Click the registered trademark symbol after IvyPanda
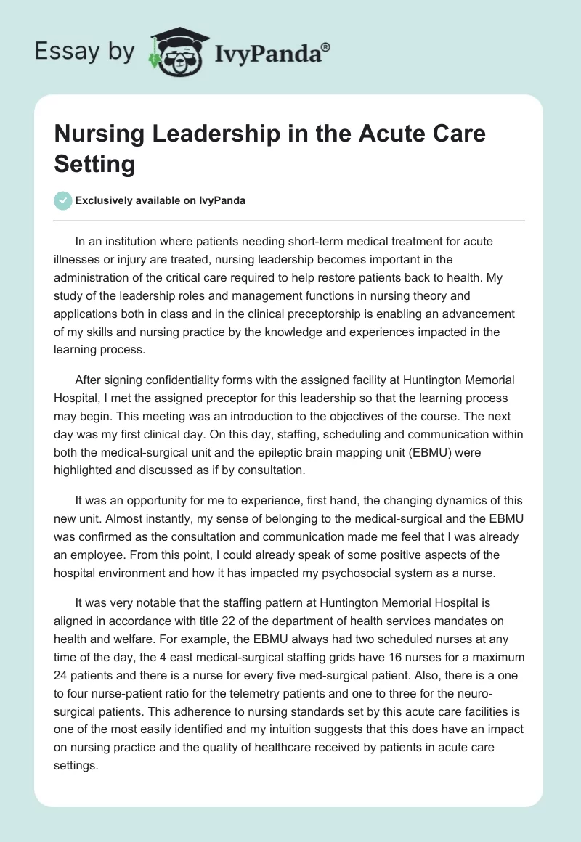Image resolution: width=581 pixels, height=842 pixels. [326, 46]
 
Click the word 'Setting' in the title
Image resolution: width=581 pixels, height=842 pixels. [94, 164]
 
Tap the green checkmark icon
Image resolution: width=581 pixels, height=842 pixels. [63, 200]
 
